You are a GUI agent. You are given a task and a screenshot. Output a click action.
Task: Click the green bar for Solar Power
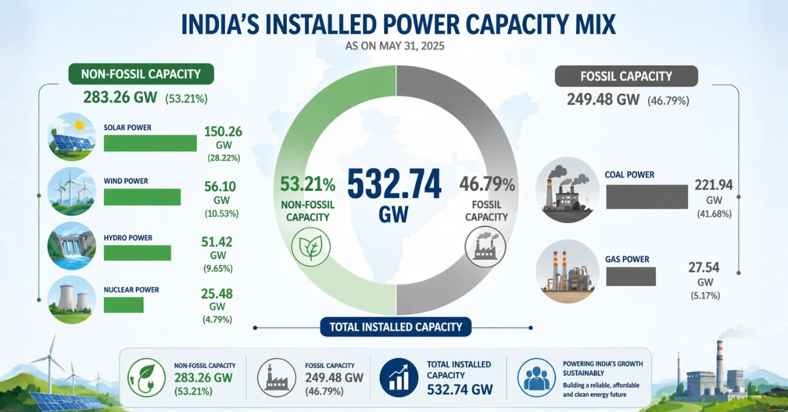[x=150, y=143]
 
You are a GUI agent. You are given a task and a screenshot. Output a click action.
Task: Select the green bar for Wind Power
[x=142, y=197]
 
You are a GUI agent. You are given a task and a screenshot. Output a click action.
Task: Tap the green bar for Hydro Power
[x=137, y=253]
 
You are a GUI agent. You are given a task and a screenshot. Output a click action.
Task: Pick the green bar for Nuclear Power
[x=123, y=304]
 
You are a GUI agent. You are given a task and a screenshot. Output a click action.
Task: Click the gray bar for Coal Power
[x=647, y=197]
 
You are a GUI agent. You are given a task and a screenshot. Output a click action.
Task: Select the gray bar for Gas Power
[x=631, y=277]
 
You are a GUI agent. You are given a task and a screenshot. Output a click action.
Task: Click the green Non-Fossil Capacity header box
[x=141, y=74]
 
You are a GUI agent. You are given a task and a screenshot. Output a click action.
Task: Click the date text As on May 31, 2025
[x=393, y=47]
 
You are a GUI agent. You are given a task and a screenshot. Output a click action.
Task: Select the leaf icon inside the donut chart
[x=311, y=247]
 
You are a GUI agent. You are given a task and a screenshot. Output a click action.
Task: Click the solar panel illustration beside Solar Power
[x=71, y=137]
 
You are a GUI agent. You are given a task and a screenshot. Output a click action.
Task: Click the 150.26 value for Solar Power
[x=223, y=131]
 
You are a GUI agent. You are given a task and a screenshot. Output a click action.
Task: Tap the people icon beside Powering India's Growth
[x=536, y=377]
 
